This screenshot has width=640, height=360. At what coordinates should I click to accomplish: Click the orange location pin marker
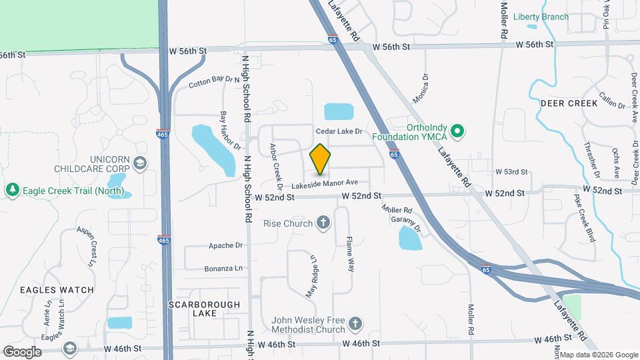tap(321, 159)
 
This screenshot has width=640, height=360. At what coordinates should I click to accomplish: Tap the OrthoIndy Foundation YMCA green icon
tap(457, 131)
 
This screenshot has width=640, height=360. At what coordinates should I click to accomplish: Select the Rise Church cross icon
tap(323, 223)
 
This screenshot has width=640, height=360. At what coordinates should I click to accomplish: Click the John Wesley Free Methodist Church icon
tap(355, 324)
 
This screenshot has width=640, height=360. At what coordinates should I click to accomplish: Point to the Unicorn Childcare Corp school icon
tap(140, 163)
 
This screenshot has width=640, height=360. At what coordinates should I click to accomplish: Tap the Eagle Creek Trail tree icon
tap(12, 191)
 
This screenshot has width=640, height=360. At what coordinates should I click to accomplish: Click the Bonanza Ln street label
tap(225, 268)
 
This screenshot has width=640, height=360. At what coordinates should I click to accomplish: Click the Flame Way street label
tap(350, 247)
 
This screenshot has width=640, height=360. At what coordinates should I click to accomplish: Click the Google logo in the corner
tap(23, 351)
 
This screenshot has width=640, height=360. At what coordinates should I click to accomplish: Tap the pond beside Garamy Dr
tap(410, 238)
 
